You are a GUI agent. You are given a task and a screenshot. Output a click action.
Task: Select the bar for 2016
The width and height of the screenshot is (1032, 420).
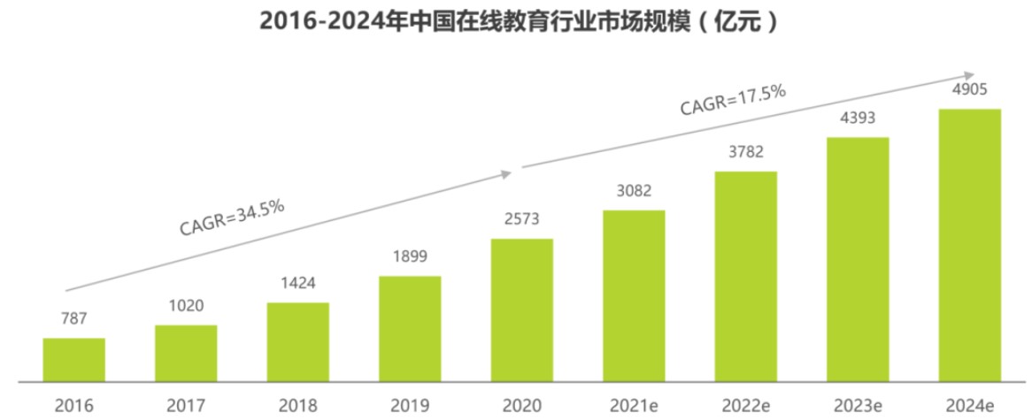(73, 361)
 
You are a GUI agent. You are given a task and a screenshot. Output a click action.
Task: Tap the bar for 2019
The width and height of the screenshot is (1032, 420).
(410, 329)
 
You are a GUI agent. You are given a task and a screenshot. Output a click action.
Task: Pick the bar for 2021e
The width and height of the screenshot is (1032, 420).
(634, 296)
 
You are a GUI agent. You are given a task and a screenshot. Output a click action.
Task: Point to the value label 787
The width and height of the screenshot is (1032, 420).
(73, 318)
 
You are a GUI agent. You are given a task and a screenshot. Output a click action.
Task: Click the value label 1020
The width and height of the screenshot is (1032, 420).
(186, 305)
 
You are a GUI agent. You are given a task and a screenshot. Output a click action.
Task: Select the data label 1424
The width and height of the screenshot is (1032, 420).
(297, 283)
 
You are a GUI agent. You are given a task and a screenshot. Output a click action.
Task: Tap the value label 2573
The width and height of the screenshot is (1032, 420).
(521, 218)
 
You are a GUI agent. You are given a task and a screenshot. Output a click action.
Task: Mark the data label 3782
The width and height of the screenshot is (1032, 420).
(745, 151)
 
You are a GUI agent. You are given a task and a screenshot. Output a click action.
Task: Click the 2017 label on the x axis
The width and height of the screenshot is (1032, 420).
(186, 405)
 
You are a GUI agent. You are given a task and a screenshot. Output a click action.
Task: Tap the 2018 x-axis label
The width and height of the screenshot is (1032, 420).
(297, 405)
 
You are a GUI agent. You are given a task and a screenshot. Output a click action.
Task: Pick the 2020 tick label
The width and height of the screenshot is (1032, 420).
(521, 405)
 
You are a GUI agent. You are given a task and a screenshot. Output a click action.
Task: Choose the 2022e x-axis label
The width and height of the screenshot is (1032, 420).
(745, 405)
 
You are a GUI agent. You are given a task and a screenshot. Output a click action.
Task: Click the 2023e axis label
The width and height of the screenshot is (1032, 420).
(857, 405)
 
